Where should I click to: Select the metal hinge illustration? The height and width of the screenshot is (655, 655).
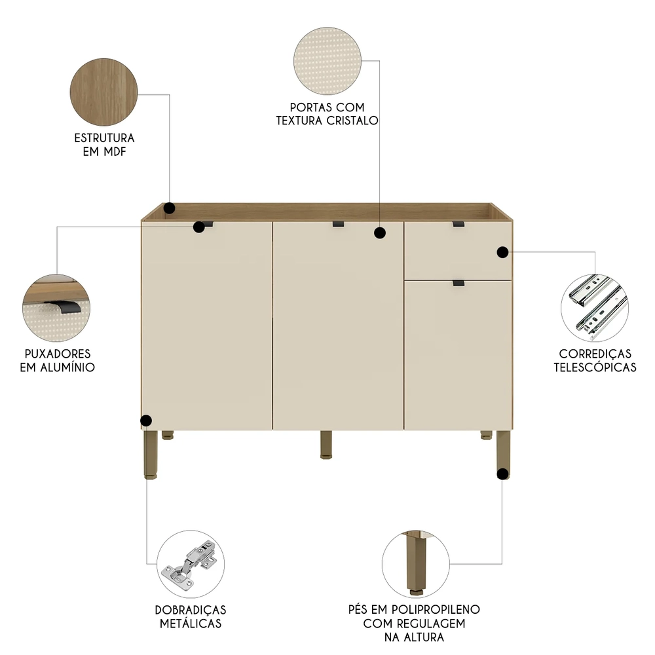pos(192,563)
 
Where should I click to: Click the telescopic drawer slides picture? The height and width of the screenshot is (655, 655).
pos(594,307)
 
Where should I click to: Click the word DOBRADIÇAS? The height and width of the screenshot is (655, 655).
pos(191,609)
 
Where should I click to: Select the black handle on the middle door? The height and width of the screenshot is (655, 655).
pos(339,224)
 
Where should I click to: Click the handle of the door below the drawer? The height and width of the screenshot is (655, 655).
pos(458,283)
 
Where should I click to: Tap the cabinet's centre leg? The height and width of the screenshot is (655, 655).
pos(326,444)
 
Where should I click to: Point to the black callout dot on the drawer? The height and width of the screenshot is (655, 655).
pos(502,252)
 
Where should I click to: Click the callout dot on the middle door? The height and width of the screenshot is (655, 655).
pos(379,233)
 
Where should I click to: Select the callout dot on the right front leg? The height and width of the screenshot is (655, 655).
pos(502,474)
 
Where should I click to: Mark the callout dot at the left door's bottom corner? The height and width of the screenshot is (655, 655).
pos(146,421)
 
